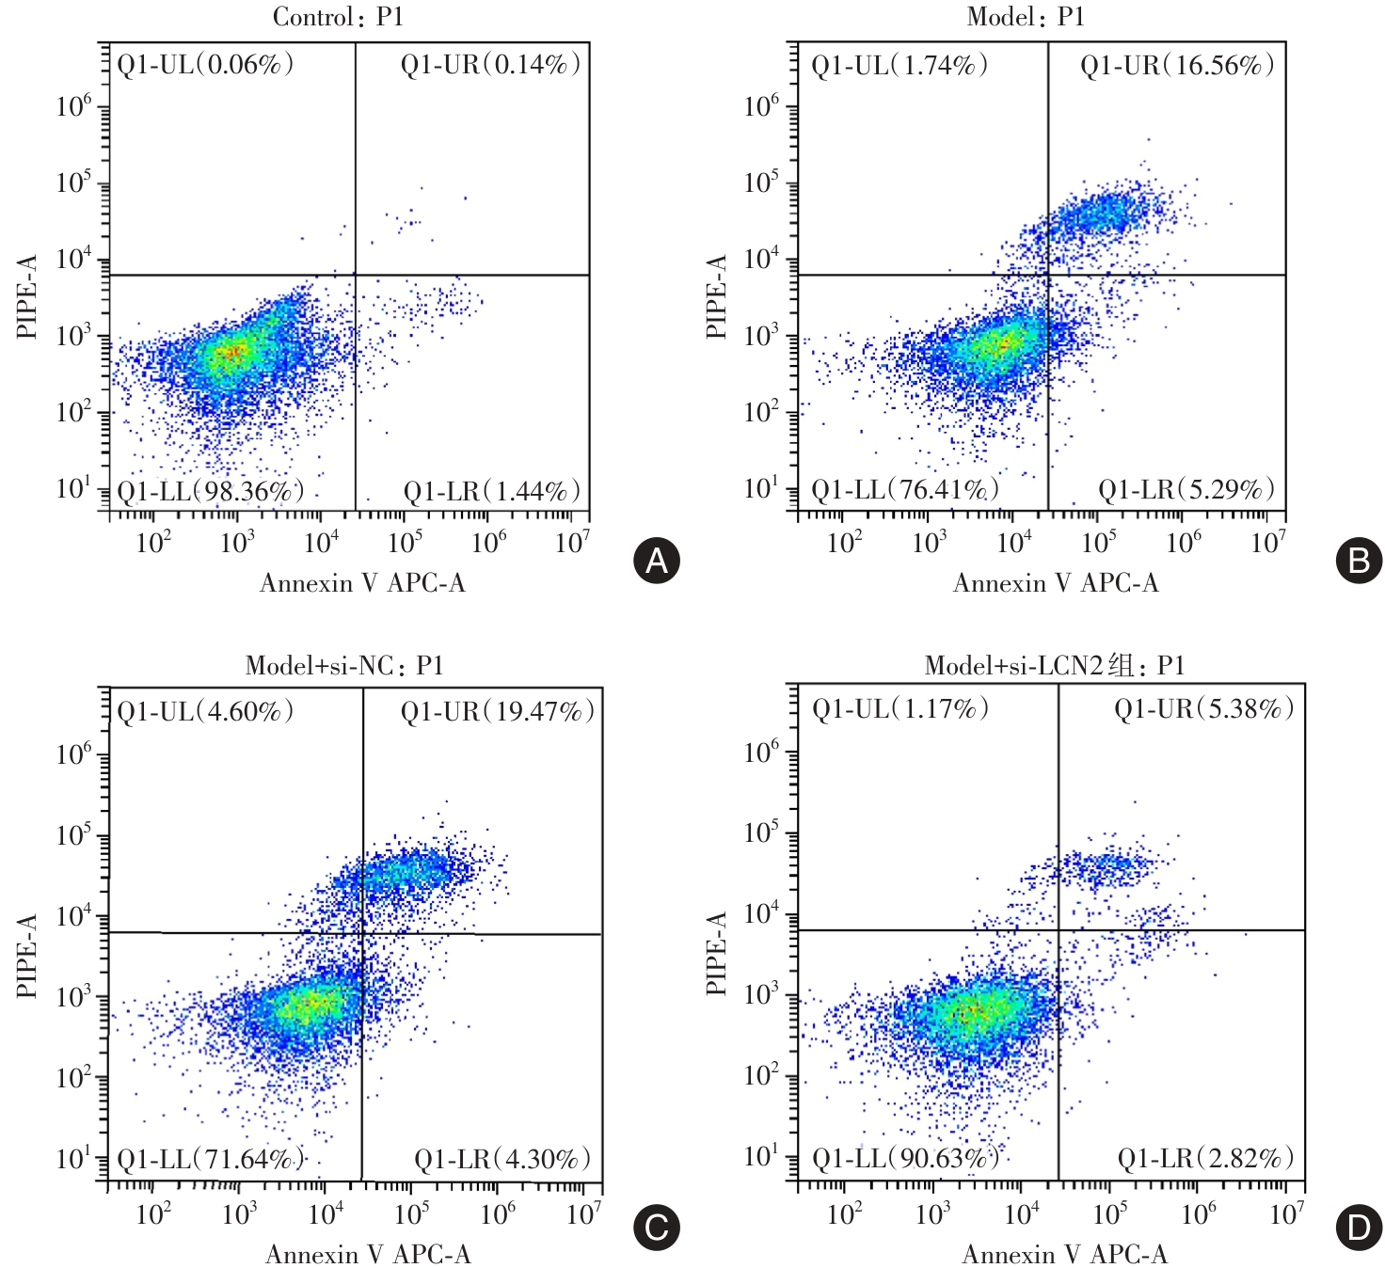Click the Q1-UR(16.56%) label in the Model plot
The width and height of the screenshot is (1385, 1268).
pos(1177,65)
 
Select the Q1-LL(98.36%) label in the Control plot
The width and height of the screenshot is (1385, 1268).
pos(210,491)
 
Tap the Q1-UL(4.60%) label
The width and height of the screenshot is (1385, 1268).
pos(205,711)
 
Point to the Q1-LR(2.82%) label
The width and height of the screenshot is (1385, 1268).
pos(1205,1158)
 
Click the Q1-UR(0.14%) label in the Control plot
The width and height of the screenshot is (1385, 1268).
pos(490,65)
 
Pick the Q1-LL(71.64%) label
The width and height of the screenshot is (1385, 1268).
pos(210,1159)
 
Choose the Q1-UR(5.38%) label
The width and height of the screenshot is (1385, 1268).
pos(1204,708)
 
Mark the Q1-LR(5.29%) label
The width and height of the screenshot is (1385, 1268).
pos(1186,489)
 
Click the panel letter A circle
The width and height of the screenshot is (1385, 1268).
pos(656,561)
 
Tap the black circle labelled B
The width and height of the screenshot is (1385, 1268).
pos(1359,561)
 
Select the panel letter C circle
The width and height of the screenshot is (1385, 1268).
pos(656,1228)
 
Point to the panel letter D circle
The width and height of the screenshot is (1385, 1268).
pos(1359,1228)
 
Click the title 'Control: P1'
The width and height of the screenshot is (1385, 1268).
pos(338,17)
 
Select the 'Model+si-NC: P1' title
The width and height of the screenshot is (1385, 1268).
pos(343,666)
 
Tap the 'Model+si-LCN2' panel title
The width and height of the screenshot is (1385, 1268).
pos(1054,666)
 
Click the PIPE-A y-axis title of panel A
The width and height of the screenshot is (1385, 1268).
pos(27,296)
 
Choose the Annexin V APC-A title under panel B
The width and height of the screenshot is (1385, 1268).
pos(1056,583)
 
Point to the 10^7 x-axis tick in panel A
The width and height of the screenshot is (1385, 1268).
pos(572,543)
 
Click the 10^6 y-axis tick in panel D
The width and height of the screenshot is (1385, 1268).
pos(761,753)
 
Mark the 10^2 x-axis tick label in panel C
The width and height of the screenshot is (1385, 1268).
pos(153,1214)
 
